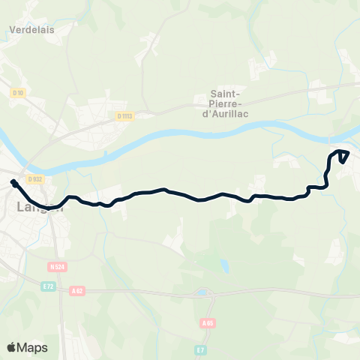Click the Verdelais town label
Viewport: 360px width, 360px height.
[33, 31]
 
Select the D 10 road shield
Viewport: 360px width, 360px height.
[19, 93]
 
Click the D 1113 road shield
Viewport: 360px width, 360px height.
[124, 115]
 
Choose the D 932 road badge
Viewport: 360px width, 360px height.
[34, 179]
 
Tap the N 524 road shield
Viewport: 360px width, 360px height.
[57, 266]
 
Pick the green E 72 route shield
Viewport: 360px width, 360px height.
[48, 286]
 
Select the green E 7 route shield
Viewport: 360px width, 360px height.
[201, 349]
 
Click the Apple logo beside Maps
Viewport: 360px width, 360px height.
[12, 347]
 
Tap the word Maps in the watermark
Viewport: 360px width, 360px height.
[33, 347]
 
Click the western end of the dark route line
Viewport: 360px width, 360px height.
[14, 182]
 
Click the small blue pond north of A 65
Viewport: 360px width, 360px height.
[224, 265]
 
